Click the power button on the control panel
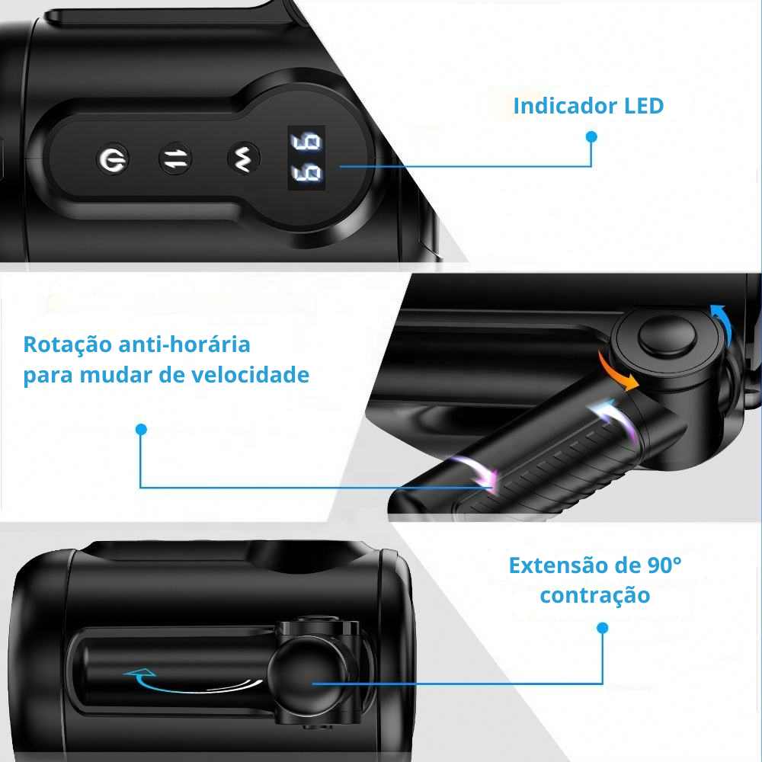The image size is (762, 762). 113,159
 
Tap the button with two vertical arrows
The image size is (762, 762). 175,159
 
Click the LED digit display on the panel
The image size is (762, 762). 306,158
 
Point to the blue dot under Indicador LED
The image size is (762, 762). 591,137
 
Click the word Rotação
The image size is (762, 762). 66,344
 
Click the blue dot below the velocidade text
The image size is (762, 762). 140,430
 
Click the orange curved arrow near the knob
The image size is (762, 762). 617,372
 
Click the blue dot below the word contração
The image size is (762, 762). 603,628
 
